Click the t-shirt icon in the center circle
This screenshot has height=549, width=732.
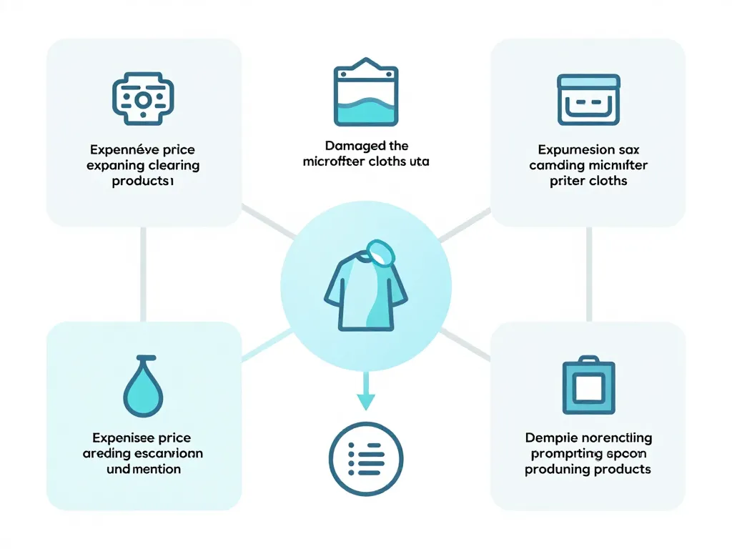365,290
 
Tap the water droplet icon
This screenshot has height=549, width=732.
144,385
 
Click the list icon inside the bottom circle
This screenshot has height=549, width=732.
366,458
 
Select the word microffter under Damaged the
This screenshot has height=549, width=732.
335,162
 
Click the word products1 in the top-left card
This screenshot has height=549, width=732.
143,181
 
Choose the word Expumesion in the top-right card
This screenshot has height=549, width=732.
567,150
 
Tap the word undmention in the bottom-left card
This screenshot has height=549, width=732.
143,469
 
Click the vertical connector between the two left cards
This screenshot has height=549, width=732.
143,273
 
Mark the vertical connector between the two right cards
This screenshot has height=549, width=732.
589,273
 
